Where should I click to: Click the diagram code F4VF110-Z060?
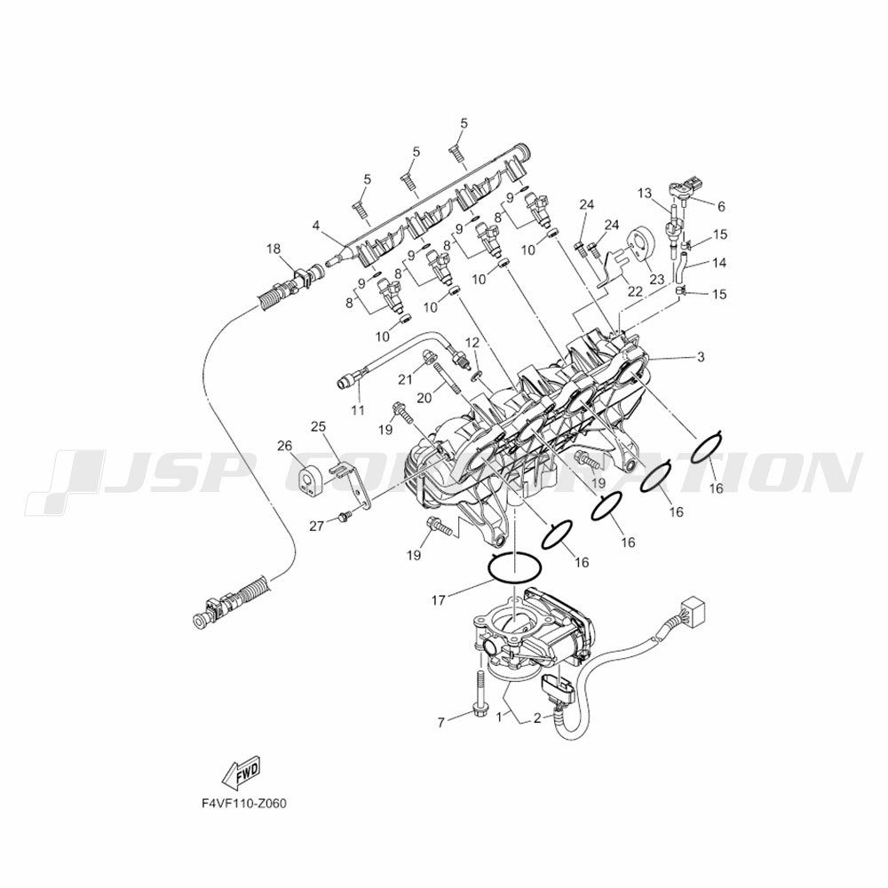click(244, 804)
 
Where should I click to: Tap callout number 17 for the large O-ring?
click(439, 599)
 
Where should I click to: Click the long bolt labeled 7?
click(480, 694)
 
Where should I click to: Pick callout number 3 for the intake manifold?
click(702, 357)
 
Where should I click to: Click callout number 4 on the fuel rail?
click(316, 226)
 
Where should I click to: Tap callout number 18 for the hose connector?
click(274, 249)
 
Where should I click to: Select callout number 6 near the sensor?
click(721, 207)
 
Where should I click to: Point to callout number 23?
click(656, 279)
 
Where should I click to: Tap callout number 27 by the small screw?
click(317, 527)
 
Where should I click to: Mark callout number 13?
click(645, 194)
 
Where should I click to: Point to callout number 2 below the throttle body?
click(537, 719)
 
